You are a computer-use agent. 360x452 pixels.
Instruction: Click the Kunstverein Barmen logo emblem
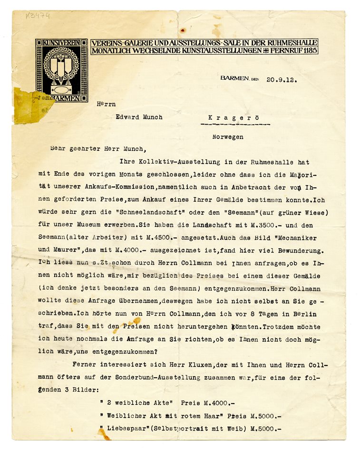tap(61, 70)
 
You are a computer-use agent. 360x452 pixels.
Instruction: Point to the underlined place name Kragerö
tap(235, 117)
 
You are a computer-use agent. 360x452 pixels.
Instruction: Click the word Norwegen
tap(228, 137)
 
